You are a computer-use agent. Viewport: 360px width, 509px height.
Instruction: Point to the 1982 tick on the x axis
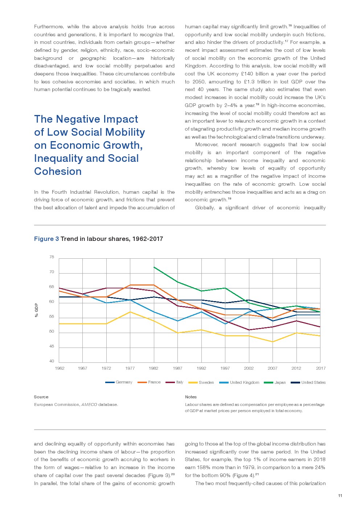[x=154, y=368]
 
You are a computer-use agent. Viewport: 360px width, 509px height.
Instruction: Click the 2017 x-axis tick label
[x=321, y=368]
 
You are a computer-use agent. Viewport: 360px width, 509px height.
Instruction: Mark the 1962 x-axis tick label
[x=60, y=368]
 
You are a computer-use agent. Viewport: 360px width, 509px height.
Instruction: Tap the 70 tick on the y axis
[x=52, y=272]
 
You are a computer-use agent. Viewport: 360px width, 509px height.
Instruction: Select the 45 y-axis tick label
[x=52, y=346]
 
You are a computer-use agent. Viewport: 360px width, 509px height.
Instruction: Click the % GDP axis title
[x=36, y=310]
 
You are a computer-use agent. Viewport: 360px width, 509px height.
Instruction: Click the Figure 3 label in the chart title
[x=46, y=239]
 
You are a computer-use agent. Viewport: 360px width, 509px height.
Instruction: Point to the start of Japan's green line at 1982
[x=154, y=267]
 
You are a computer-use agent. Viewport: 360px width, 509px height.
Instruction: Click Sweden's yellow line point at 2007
[x=273, y=342]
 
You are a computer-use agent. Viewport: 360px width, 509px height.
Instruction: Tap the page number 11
[x=340, y=496]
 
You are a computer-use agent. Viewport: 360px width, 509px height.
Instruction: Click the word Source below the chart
[x=41, y=397]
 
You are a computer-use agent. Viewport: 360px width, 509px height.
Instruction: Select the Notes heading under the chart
[x=191, y=397]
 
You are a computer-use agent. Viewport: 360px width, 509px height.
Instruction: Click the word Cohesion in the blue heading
[x=58, y=171]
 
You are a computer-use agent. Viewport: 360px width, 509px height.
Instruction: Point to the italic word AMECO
[x=89, y=405]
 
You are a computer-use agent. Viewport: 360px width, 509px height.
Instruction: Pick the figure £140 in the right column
[x=247, y=74]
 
